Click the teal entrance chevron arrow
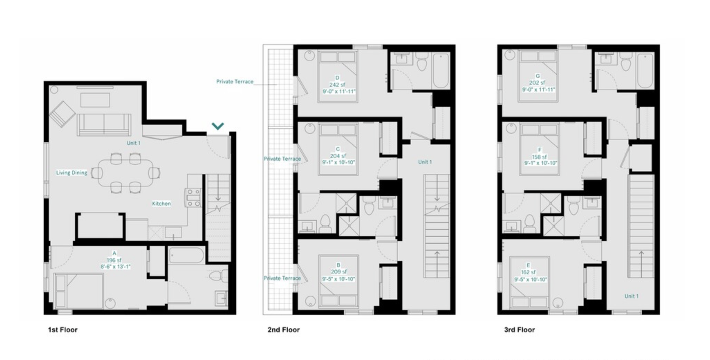218,126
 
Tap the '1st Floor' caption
63,330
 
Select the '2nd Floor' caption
283,330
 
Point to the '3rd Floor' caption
519,330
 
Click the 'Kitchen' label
161,204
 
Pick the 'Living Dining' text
72,173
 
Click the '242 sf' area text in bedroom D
337,85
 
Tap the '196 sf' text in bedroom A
114,260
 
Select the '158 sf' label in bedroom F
540,157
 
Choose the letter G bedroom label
537,76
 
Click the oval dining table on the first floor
125,172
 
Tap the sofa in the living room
104,124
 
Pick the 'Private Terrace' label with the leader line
235,82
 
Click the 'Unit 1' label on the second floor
425,162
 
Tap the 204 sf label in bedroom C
338,156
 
